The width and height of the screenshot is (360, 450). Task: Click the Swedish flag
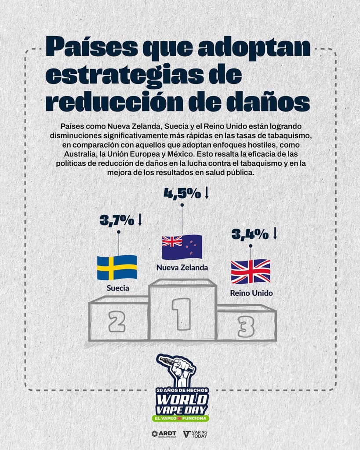click(x=117, y=268)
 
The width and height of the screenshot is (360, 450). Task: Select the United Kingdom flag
click(x=251, y=272)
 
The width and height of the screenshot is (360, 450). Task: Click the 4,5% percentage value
click(x=182, y=194)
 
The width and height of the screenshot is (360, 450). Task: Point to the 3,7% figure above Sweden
click(x=116, y=220)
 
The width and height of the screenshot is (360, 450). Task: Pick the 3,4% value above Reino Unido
click(x=250, y=234)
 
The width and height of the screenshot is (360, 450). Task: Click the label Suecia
click(x=117, y=289)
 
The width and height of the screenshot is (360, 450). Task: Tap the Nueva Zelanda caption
click(x=182, y=267)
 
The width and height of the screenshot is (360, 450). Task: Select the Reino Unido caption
click(x=252, y=293)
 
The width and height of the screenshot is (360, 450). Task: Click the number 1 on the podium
click(x=182, y=313)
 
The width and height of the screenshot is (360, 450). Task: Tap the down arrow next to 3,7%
click(x=140, y=220)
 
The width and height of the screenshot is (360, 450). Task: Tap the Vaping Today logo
click(x=195, y=434)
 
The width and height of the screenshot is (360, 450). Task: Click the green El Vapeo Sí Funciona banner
click(x=180, y=417)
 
